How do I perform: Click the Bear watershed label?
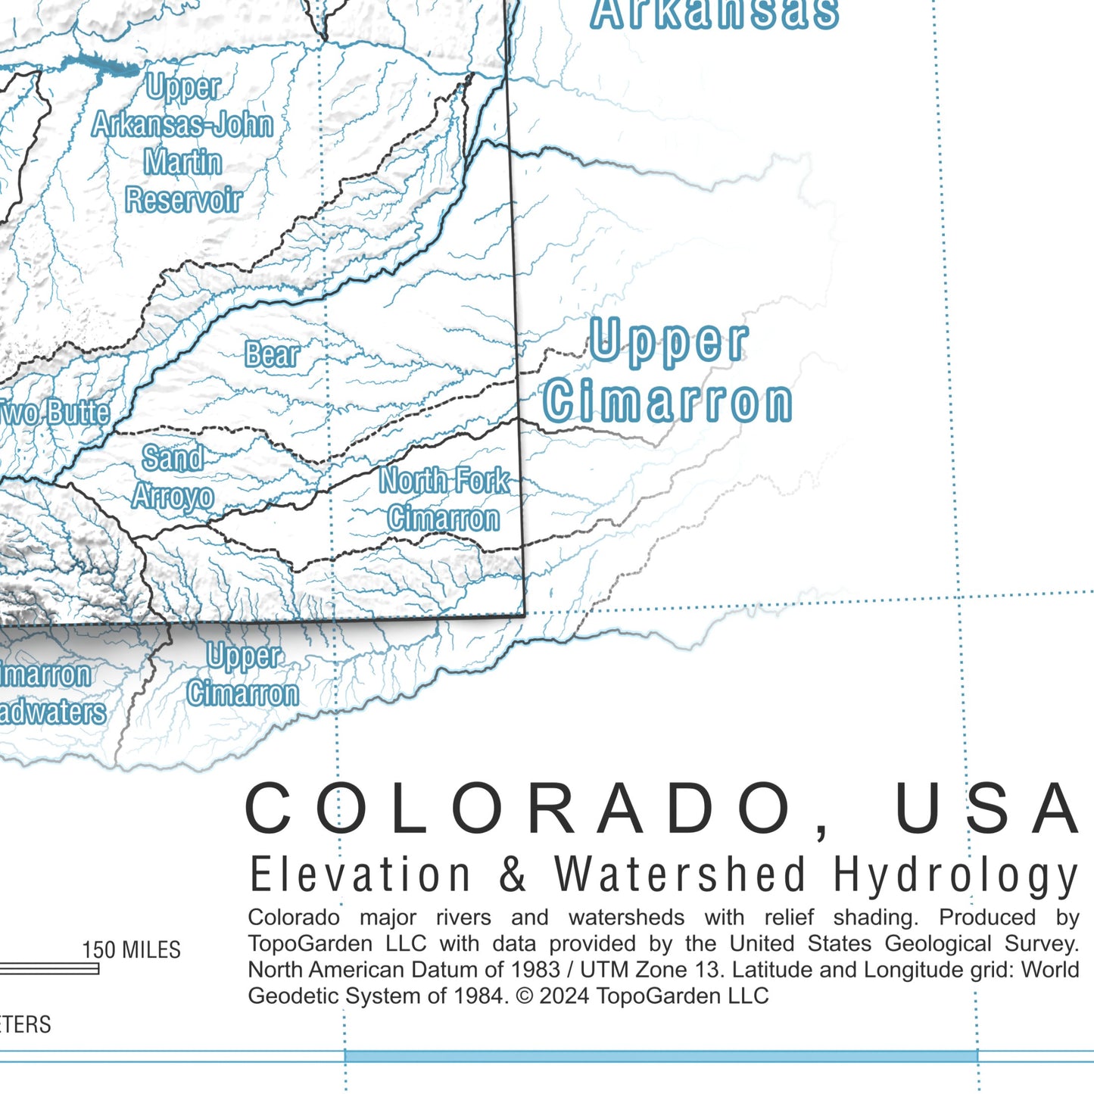[x=272, y=354]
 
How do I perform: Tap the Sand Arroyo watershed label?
[x=173, y=478]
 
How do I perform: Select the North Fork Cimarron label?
[x=444, y=500]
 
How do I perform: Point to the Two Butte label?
[x=55, y=413]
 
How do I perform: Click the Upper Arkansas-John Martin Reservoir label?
[x=182, y=144]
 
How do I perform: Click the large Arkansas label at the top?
[x=714, y=14]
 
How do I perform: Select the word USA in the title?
[x=987, y=809]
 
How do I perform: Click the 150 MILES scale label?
[x=132, y=950]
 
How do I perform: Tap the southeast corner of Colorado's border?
[x=524, y=615]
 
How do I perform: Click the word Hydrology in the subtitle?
[x=955, y=876]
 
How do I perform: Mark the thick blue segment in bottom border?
[x=660, y=1056]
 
